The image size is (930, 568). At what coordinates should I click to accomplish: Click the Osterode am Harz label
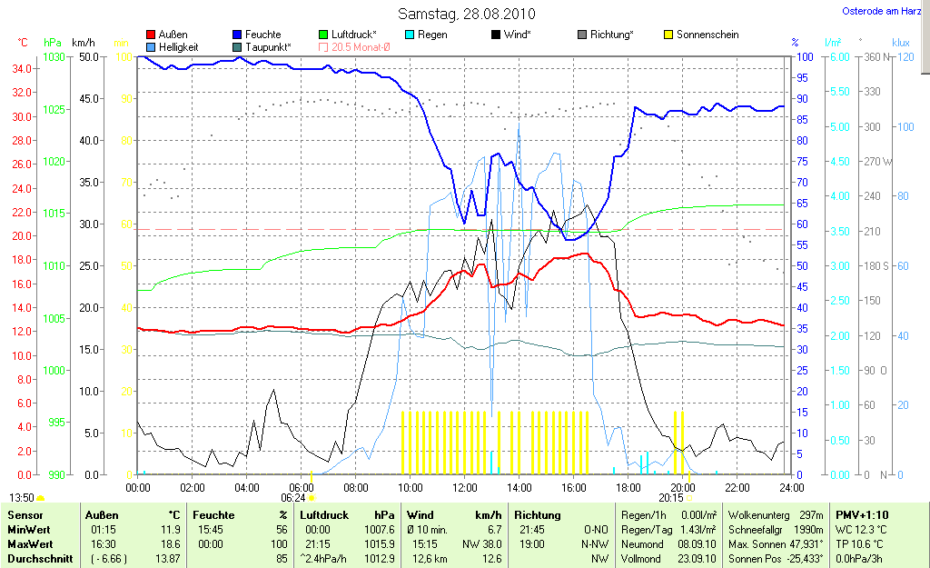880,11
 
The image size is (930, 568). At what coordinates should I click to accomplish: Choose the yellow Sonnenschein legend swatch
668,35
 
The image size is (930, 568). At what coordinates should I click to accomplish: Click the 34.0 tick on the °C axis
23,69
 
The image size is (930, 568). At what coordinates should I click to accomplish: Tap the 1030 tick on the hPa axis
55,56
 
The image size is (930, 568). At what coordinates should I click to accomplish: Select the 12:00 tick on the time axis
465,487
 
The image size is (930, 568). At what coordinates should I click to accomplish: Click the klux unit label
901,42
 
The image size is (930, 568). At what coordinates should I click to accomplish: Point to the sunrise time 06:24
292,497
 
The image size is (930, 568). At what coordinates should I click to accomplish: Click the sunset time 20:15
671,497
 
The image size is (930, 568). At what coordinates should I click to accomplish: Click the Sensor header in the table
25,515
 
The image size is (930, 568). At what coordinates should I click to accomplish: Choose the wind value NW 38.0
485,544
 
